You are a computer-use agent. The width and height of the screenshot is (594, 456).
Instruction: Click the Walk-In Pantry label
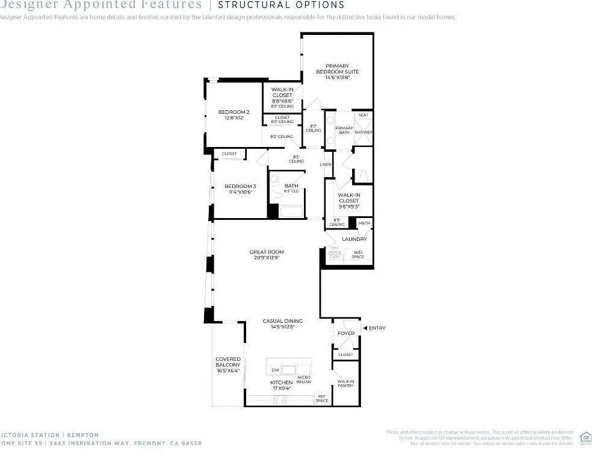(x=345, y=383)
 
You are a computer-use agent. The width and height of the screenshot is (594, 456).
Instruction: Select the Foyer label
(x=346, y=333)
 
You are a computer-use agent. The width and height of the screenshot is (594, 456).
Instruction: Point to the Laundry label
(x=354, y=239)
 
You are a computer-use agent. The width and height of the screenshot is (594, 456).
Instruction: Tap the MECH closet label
(x=364, y=223)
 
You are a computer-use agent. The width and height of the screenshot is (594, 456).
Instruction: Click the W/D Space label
(x=357, y=254)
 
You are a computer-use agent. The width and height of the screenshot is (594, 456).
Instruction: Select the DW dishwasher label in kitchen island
(x=275, y=370)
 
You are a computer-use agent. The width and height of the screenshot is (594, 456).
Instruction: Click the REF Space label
(x=322, y=398)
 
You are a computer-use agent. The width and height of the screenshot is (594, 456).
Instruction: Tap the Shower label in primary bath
(x=363, y=132)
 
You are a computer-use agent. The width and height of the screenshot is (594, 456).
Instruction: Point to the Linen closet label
(x=326, y=164)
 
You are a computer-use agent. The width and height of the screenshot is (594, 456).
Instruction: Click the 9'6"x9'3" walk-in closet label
(x=348, y=201)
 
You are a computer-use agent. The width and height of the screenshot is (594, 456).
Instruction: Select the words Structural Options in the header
(x=281, y=5)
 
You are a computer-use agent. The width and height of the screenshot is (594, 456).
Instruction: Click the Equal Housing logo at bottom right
(x=584, y=437)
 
